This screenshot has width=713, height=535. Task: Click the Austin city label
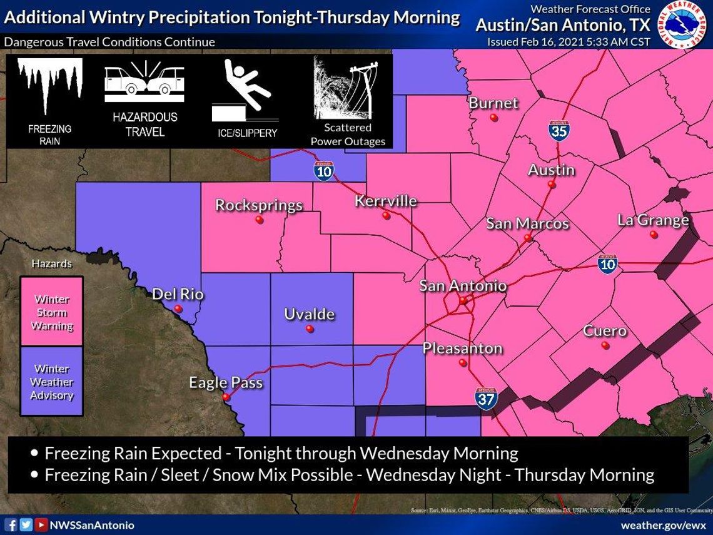point(551,170)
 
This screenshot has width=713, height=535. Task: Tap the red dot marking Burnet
point(494,117)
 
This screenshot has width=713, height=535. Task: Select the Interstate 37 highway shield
point(486,399)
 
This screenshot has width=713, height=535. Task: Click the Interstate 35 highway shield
point(559,131)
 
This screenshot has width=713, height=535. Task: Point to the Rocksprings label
point(259,205)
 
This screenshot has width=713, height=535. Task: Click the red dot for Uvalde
point(310,329)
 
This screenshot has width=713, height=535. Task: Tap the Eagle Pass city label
point(226,382)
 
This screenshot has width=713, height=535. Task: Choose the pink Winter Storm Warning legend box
point(52,312)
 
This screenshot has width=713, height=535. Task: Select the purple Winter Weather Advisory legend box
point(52,382)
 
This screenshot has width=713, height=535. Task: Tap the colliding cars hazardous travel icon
point(144,83)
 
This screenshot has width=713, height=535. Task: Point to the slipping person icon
point(245,88)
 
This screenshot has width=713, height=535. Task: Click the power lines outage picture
point(348,88)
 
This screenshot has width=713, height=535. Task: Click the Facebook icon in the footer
point(11,525)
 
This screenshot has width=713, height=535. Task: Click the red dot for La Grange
point(654,235)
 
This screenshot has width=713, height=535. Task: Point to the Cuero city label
point(605,330)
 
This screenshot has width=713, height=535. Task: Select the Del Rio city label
point(178,293)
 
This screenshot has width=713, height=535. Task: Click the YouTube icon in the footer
point(41,525)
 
